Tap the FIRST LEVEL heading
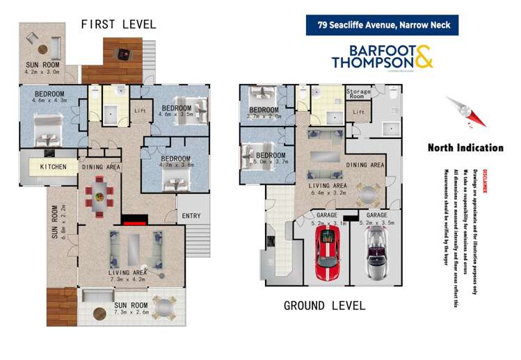coord(118,24)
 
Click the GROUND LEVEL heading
coord(324,305)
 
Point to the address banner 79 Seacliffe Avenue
coord(383,25)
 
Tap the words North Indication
coord(465,147)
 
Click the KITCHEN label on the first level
coord(53,167)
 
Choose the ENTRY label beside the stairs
coord(191,216)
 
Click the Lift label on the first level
coord(141,111)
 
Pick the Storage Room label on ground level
coord(360,94)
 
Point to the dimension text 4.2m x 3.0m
coord(43,70)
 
